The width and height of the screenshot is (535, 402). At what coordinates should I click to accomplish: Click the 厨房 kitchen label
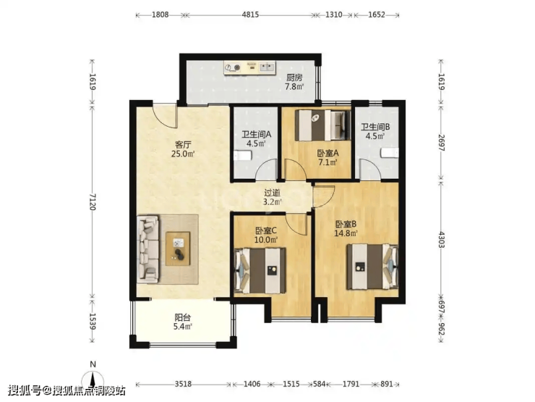(x=294, y=78)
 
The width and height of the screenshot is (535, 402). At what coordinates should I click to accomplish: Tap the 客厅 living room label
(x=183, y=145)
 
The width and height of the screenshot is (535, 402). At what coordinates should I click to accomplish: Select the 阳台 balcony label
(x=182, y=317)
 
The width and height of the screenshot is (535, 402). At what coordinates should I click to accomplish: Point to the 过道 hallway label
(x=273, y=193)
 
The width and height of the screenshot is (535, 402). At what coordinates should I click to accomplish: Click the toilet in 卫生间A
(x=243, y=156)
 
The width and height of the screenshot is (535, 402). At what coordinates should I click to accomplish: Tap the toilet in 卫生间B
(x=390, y=153)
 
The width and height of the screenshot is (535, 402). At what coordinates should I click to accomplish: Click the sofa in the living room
(x=148, y=249)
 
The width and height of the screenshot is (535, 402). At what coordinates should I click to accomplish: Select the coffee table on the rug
(x=178, y=248)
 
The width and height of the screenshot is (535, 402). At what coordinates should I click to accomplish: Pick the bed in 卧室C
(x=260, y=270)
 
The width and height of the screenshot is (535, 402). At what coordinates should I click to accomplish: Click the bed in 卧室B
(x=372, y=267)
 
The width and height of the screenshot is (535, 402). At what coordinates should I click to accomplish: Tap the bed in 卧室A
(x=322, y=125)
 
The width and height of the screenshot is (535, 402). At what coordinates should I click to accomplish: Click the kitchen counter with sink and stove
(x=249, y=67)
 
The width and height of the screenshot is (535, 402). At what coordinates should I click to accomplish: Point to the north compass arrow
(x=93, y=380)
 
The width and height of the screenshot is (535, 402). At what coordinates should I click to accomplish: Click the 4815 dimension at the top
(x=250, y=14)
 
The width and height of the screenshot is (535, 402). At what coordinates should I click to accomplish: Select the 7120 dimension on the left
(x=93, y=201)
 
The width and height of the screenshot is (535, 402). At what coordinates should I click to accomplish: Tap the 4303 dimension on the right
(x=442, y=240)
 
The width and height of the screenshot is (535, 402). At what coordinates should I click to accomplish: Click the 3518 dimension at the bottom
(x=183, y=384)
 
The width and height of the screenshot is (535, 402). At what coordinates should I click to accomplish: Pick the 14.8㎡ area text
(x=346, y=233)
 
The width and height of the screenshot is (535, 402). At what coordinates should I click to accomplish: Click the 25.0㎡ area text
(x=183, y=154)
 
